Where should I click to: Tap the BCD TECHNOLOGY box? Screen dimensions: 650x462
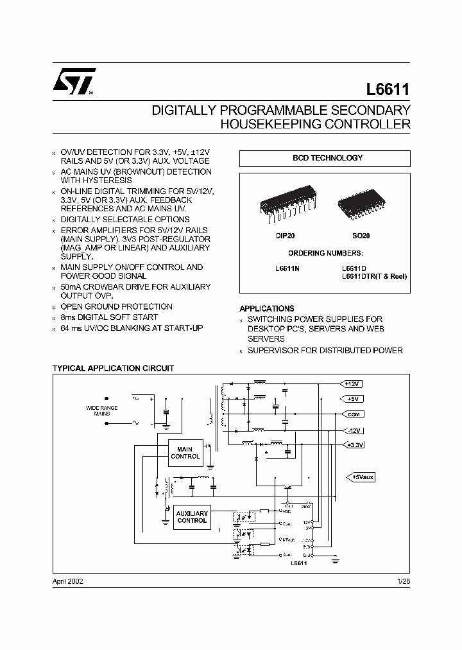pos(325,158)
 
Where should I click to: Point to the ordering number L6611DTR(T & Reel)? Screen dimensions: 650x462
pos(373,276)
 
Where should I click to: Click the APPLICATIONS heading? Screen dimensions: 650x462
pos(267,308)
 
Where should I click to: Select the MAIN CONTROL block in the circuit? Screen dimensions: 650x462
pos(185,452)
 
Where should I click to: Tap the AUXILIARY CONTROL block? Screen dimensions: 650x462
pos(192,517)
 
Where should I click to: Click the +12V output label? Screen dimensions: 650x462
pos(353,383)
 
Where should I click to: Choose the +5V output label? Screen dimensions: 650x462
pos(353,399)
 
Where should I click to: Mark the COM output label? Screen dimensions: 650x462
pos(353,414)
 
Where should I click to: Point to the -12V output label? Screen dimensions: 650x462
pos(353,430)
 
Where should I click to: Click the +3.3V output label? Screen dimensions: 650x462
pos(354,444)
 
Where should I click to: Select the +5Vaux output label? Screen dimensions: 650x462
pos(363,477)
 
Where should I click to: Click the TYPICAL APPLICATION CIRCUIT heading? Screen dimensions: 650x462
pos(113,369)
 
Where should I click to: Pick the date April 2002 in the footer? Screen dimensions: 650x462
pos(67,581)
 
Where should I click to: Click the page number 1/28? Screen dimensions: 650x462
pos(403,581)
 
